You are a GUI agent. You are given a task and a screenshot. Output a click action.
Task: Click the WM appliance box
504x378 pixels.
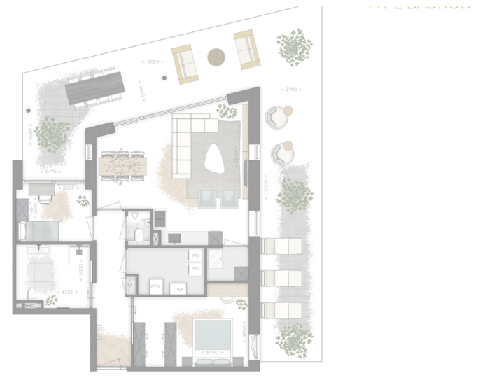tap(195, 256)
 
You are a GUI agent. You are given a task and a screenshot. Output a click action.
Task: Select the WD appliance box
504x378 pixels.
tap(195, 268)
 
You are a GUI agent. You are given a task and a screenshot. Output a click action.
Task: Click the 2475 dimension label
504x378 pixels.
tap(51, 171)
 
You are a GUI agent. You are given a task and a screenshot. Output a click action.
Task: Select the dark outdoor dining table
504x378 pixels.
tap(95, 88)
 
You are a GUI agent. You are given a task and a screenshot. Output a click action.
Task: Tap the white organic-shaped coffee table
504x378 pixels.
tap(214, 160)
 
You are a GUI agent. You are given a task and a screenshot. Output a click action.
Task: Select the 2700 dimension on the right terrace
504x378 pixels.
tap(290, 90)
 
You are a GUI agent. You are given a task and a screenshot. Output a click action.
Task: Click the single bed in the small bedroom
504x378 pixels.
tap(39, 230)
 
